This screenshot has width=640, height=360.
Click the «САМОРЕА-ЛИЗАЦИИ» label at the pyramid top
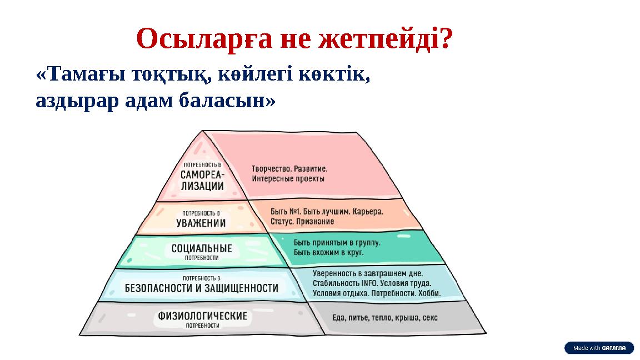click(x=202, y=179)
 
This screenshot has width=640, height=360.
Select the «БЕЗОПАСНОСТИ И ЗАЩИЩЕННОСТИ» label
click(x=202, y=288)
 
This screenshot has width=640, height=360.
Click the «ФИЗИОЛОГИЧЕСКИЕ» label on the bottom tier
click(x=202, y=316)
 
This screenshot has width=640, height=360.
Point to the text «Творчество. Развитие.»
click(x=289, y=168)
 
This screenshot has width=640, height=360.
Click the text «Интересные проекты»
click(x=288, y=179)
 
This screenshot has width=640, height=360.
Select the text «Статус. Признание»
click(x=302, y=222)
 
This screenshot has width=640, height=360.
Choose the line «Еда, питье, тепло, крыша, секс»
click(x=384, y=318)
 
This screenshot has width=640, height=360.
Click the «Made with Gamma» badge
click(x=599, y=348)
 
